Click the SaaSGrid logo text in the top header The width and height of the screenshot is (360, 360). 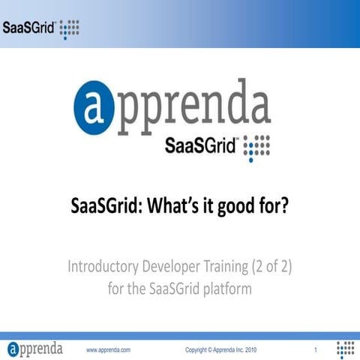pyautogui.click(x=28, y=30)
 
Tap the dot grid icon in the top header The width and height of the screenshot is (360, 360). pyautogui.click(x=69, y=30)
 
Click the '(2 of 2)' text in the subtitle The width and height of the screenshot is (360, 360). pyautogui.click(x=277, y=266)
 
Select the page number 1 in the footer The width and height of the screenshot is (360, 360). pyautogui.click(x=316, y=350)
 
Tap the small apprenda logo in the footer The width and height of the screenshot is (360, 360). pyautogui.click(x=35, y=349)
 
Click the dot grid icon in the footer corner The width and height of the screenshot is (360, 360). pyautogui.click(x=345, y=349)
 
